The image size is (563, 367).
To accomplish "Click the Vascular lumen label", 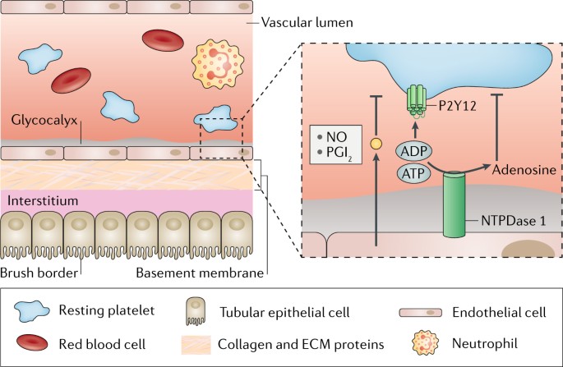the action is pyautogui.click(x=307, y=23).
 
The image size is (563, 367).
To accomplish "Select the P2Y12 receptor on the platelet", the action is pyautogui.click(x=416, y=101).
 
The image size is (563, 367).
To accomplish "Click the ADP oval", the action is pyautogui.click(x=414, y=151).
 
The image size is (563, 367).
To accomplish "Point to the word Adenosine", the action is pyautogui.click(x=524, y=169).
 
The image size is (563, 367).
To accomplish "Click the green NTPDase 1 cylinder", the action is pyautogui.click(x=454, y=204).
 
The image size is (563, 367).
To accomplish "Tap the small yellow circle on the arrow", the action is pyautogui.click(x=376, y=145).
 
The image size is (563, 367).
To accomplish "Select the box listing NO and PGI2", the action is pyautogui.click(x=335, y=145).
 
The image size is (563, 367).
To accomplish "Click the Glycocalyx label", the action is pyautogui.click(x=44, y=120).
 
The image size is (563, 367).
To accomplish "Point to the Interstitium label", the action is pyautogui.click(x=43, y=200).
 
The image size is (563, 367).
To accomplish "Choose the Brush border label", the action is pyautogui.click(x=39, y=273).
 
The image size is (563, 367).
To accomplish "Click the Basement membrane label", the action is pyautogui.click(x=200, y=273).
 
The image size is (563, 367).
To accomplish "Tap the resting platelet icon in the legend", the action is pyautogui.click(x=31, y=311).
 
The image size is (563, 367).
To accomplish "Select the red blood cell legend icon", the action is pyautogui.click(x=32, y=342).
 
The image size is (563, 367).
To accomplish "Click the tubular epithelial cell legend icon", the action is pyautogui.click(x=196, y=311).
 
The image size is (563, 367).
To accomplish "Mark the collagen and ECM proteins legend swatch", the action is pyautogui.click(x=196, y=345).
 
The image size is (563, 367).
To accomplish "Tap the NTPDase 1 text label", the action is pyautogui.click(x=514, y=221).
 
